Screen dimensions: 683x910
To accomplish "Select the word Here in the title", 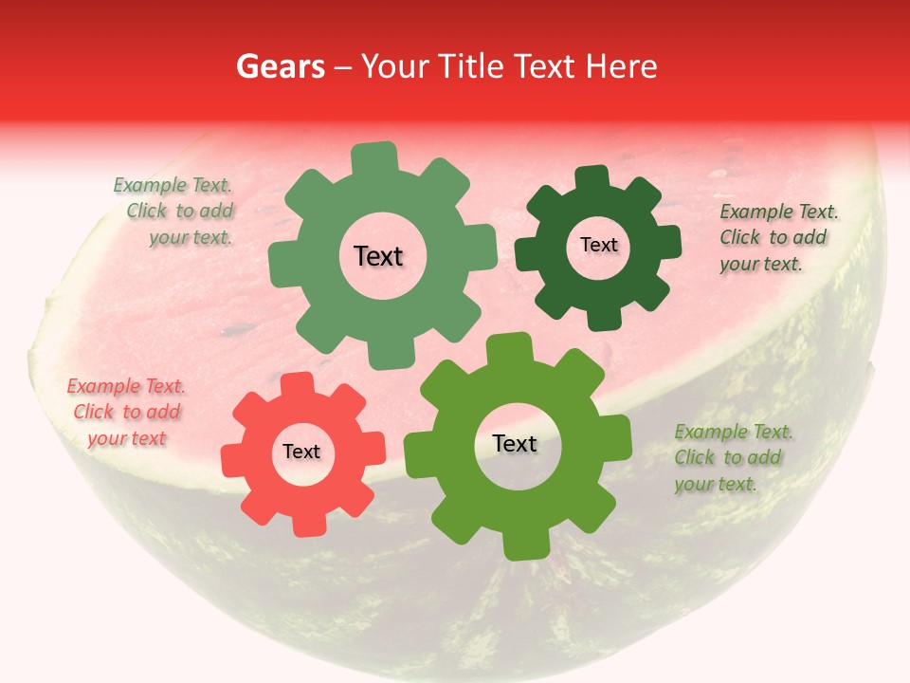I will (622, 66).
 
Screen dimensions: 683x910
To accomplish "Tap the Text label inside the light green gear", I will (378, 256).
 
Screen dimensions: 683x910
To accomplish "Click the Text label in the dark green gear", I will (598, 245).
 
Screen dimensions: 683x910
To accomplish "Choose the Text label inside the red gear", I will (301, 452).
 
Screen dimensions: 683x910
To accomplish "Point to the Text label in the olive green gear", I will (515, 443).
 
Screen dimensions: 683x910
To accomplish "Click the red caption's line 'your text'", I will (127, 438).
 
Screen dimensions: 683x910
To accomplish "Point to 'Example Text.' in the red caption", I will (126, 386).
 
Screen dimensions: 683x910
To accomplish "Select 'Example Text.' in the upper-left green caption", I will (173, 185).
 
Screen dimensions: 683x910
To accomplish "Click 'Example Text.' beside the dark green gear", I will (779, 212).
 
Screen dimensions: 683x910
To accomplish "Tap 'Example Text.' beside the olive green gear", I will (734, 432).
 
